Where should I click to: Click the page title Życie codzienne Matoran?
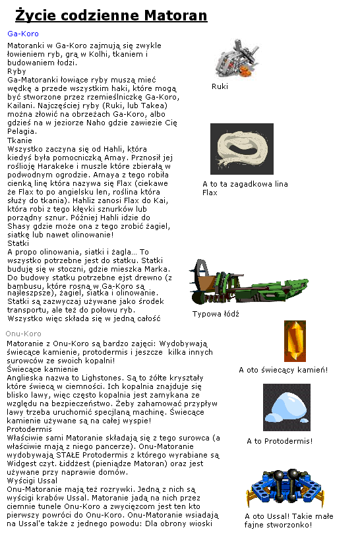click(111, 15)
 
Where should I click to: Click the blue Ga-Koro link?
click(23, 33)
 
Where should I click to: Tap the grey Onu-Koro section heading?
click(24, 334)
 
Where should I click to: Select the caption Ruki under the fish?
click(220, 86)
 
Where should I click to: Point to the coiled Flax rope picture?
click(241, 149)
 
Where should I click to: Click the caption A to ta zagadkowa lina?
click(245, 184)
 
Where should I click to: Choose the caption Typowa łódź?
click(216, 314)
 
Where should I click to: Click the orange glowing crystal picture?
click(294, 342)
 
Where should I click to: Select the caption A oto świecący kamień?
click(283, 370)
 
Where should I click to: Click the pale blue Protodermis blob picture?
click(286, 407)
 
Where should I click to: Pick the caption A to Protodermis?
click(280, 441)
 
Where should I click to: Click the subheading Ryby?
click(16, 71)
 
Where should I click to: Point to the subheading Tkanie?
click(18, 140)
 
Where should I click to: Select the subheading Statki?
click(18, 243)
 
